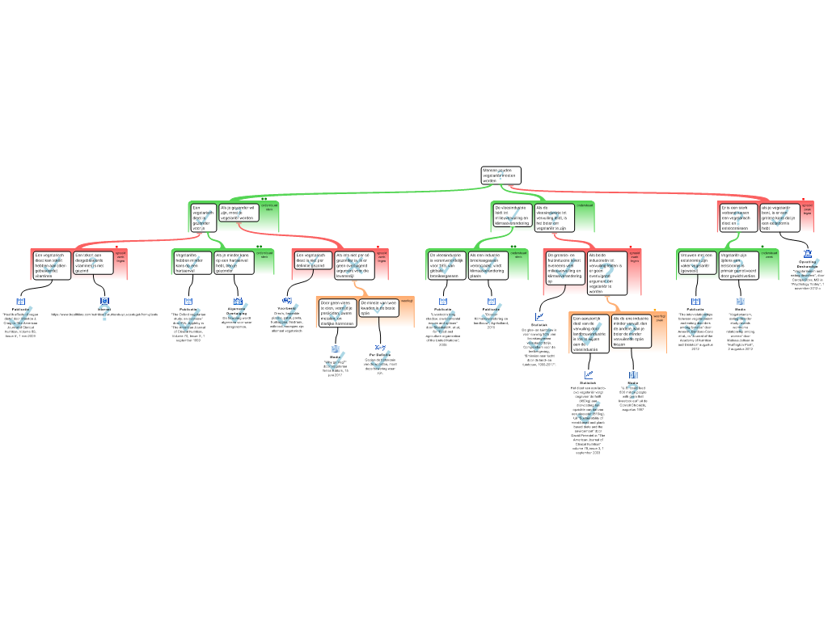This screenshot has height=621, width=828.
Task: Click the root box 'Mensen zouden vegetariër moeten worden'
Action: tap(501, 175)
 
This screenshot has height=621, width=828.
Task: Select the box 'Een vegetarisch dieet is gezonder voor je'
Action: tap(202, 218)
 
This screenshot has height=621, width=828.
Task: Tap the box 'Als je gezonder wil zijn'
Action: tap(239, 213)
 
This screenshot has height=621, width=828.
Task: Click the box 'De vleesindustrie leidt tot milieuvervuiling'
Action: tap(511, 214)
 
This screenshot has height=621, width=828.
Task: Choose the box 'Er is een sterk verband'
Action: tap(737, 218)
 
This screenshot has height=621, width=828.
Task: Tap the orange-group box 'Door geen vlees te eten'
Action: tap(337, 312)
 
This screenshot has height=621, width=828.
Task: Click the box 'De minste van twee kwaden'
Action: tap(378, 308)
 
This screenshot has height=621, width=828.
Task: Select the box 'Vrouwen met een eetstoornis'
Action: tap(697, 262)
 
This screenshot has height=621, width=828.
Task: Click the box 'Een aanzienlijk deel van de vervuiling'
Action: tap(589, 332)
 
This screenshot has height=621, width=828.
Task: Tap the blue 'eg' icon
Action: tap(287, 300)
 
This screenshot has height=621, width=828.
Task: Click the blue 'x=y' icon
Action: tap(381, 348)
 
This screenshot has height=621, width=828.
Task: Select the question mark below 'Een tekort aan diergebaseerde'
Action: tap(104, 314)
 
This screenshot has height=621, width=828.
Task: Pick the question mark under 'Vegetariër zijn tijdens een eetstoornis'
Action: tap(741, 324)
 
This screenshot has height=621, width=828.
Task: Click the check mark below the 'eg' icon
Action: tap(287, 316)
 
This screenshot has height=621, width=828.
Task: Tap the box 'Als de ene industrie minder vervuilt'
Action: tap(631, 332)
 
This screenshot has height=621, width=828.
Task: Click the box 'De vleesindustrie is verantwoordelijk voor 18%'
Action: tap(446, 265)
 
